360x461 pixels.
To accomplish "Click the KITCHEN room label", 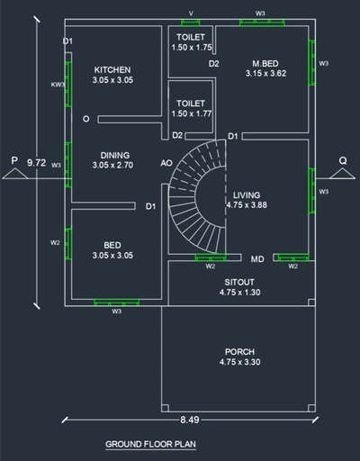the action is pos(112,70).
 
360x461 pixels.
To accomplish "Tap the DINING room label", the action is pos(115,155).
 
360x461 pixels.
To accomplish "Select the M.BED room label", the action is pos(265,64).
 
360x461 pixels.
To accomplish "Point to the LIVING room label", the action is pos(247,195).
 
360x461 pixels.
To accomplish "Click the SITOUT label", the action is pos(239,282).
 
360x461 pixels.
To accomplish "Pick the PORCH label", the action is pos(239,352).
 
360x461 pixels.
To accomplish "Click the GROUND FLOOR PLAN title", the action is pos(150,444).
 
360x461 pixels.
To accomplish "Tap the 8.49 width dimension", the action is pos(190,420).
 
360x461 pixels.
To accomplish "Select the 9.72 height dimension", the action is pos(37,163).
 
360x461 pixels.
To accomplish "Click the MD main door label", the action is pos(257,259).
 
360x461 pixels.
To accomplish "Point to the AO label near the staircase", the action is pos(166,163).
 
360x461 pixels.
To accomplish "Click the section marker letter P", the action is pos(14,160).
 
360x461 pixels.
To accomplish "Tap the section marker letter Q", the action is pos(343,160).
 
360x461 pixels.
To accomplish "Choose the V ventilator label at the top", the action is pos(191,14).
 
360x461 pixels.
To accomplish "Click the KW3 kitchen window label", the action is pos(58,85).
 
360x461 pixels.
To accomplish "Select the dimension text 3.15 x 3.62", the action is pos(265,73).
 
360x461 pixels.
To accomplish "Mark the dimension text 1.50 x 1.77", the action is pos(192,113).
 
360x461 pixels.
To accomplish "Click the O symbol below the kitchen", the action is pos(86,119).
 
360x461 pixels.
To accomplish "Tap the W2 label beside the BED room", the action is pos(55,242).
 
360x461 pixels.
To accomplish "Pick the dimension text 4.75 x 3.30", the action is pos(239,362).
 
